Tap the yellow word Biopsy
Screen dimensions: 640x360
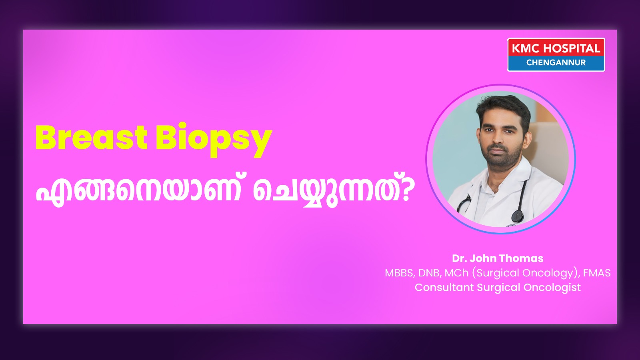click(214, 140)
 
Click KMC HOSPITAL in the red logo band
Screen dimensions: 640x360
click(556, 48)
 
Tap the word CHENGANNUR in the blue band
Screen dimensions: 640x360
click(556, 62)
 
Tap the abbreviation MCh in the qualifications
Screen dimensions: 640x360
click(456, 273)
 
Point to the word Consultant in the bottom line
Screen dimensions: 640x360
click(444, 287)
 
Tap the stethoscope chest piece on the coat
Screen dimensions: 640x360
click(517, 216)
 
